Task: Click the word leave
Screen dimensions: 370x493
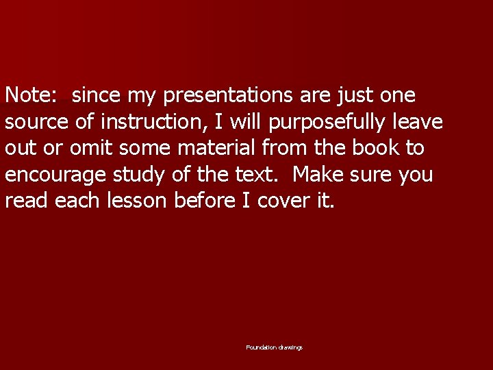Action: coord(418,121)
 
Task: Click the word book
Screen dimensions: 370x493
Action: coord(375,147)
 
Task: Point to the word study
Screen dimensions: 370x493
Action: coord(139,174)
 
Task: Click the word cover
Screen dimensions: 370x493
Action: coord(282,200)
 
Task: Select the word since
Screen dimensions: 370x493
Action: coord(95,95)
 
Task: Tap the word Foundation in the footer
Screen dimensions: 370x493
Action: coord(261,348)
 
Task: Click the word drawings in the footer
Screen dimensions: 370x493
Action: coord(290,348)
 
